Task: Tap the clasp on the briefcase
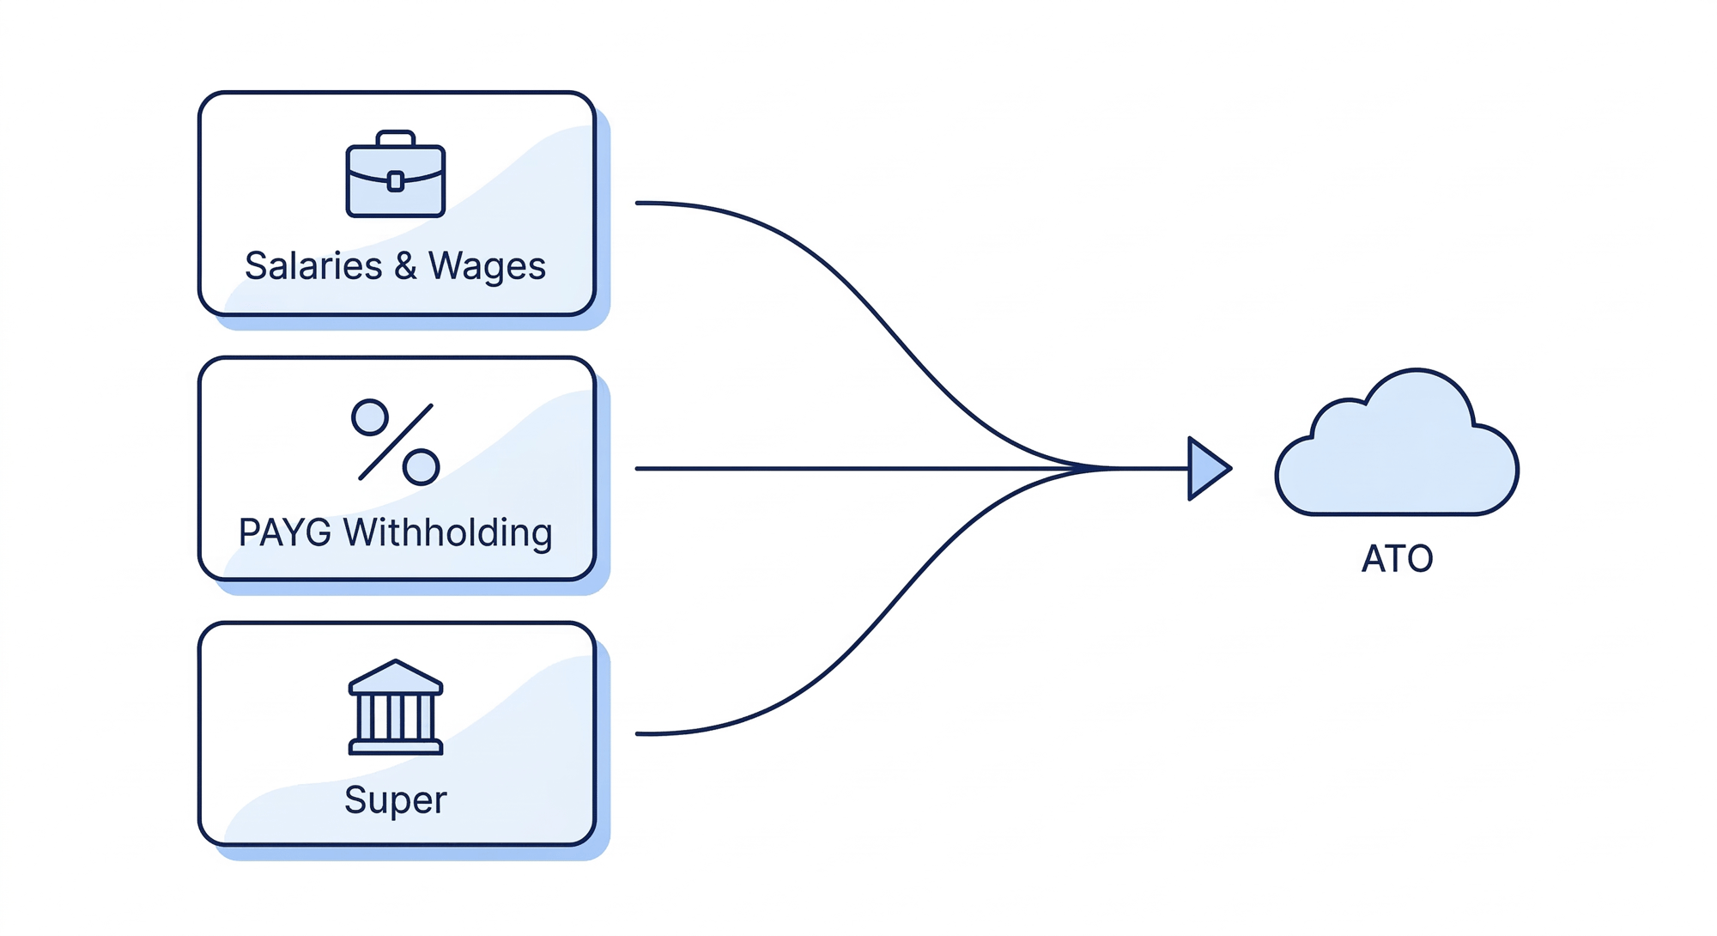(395, 181)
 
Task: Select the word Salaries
(312, 265)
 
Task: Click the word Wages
(487, 266)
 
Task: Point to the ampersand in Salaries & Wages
(405, 265)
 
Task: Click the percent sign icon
(395, 442)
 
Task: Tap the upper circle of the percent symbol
(370, 417)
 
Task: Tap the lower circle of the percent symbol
(421, 467)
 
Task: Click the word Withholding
(447, 532)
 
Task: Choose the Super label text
(395, 799)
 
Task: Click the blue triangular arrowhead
(1206, 468)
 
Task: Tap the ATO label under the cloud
(1397, 559)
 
